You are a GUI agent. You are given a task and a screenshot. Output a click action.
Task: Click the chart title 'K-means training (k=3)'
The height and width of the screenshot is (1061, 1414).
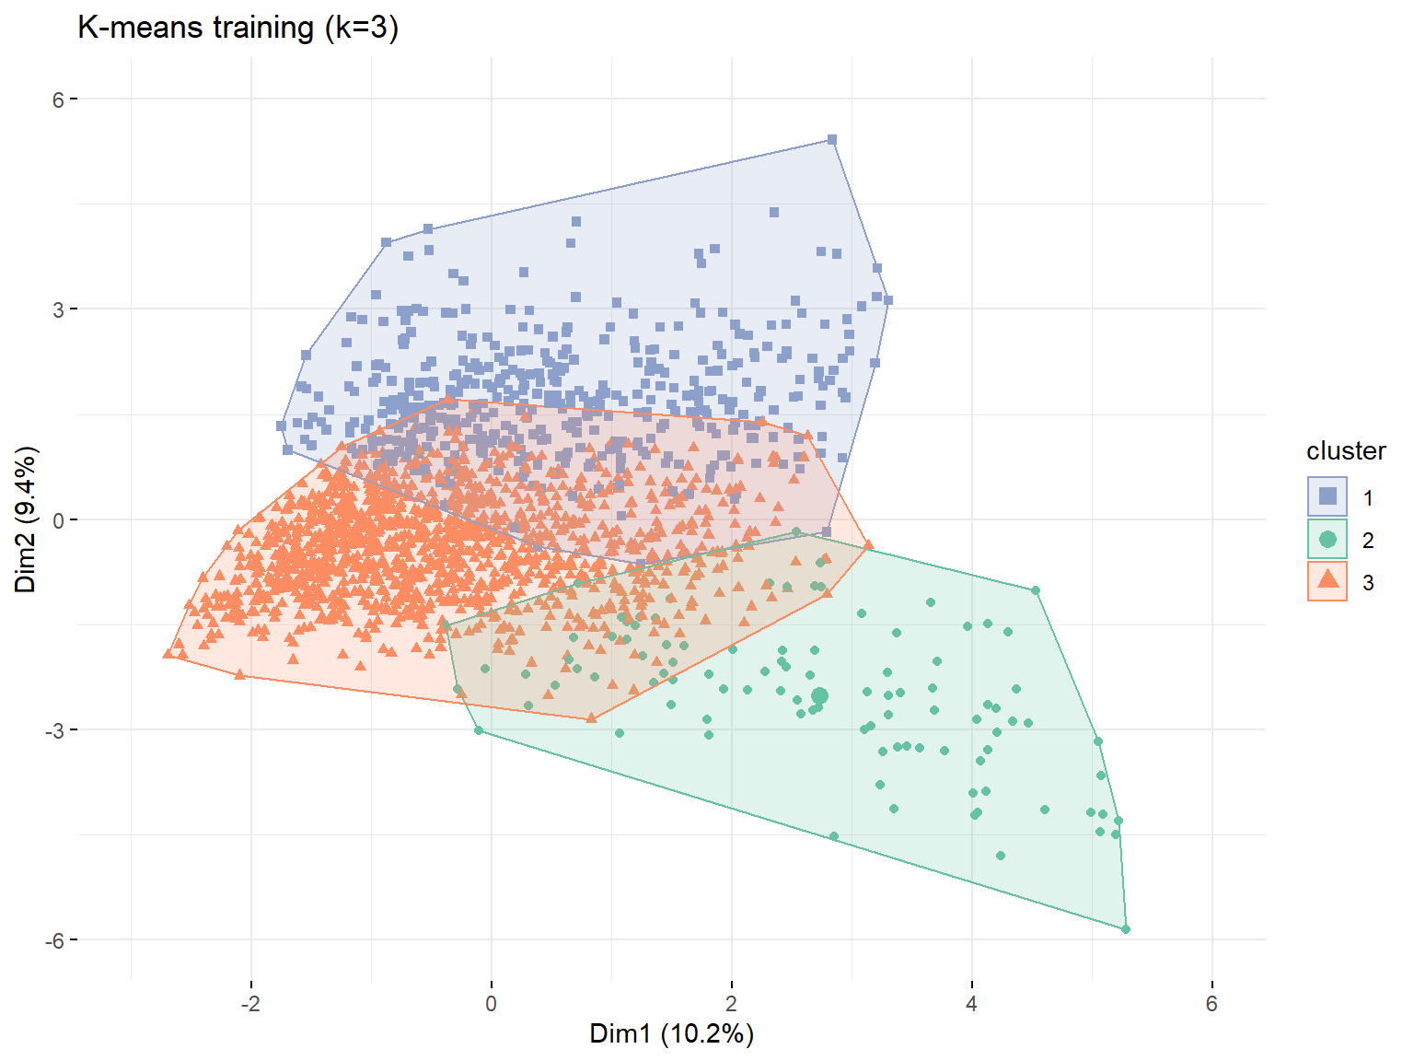238,28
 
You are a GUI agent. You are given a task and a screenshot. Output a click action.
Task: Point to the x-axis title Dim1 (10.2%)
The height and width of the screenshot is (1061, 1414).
671,1032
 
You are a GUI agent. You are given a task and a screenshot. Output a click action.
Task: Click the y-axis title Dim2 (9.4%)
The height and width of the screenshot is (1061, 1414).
26,519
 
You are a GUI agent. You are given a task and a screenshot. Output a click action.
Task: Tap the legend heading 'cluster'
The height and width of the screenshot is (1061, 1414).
1346,450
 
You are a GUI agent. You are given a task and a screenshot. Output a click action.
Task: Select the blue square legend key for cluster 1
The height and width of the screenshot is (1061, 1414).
1327,496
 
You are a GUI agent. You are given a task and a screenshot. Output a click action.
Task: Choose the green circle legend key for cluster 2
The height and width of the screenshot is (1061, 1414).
1327,539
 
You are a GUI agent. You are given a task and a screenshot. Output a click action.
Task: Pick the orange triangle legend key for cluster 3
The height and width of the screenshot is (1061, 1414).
1327,580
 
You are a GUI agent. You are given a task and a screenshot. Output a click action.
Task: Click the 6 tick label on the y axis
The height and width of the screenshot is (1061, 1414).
59,99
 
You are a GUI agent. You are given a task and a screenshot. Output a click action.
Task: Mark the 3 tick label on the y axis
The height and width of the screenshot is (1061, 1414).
59,309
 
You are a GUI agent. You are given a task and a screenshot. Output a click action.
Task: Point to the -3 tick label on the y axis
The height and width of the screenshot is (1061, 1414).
54,730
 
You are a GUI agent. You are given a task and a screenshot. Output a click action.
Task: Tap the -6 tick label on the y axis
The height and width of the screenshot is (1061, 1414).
54,940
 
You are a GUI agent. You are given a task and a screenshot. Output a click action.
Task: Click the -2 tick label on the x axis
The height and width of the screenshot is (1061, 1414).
250,1003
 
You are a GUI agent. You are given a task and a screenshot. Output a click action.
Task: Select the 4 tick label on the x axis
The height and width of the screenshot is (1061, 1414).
971,1003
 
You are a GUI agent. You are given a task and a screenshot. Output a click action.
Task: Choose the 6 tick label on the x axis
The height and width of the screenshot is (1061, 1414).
1211,1003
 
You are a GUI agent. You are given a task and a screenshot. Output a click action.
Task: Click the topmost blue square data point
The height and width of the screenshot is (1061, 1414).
831,140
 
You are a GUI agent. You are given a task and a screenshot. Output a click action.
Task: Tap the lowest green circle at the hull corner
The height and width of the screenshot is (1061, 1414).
1126,929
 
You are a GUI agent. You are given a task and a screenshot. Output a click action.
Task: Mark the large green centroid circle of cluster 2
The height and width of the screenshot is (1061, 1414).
819,695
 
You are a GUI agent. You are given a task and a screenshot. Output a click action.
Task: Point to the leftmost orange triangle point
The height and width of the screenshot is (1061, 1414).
168,653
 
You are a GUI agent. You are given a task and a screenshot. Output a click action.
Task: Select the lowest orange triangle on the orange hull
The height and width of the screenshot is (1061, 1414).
591,717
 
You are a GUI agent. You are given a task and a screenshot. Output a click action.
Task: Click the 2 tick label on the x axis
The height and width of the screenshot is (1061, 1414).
731,1003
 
